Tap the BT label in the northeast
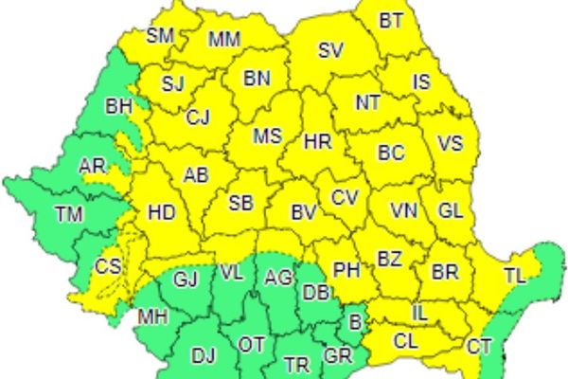[x=390, y=19]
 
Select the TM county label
[x=68, y=214]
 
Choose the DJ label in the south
[x=204, y=355]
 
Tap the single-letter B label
[x=355, y=322]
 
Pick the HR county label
[x=318, y=142]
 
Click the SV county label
[x=330, y=51]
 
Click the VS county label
[x=452, y=143]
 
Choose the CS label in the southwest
[x=108, y=267]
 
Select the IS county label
[x=421, y=81]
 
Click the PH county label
[x=347, y=270]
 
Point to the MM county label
[x=224, y=40]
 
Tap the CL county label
[x=406, y=338]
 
